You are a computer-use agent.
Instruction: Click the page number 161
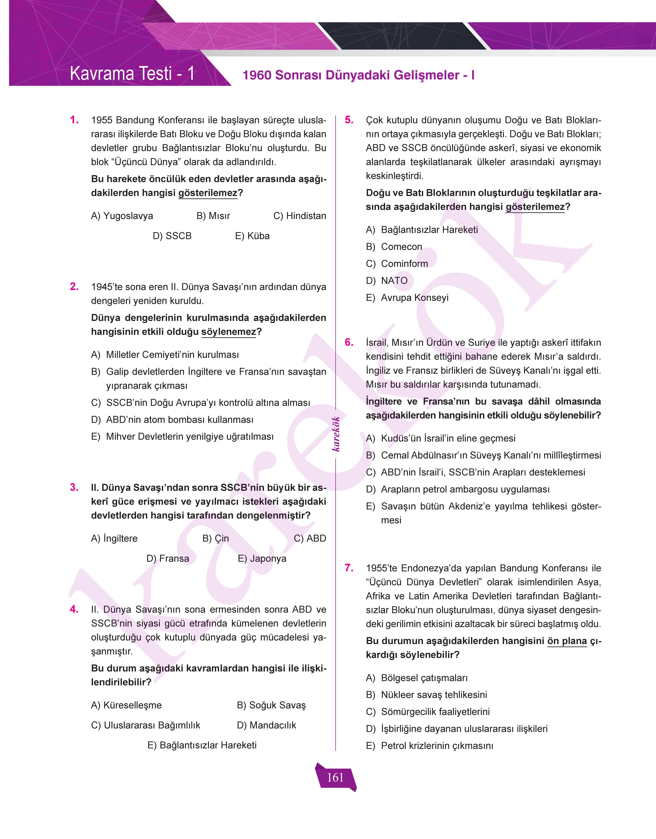(x=335, y=777)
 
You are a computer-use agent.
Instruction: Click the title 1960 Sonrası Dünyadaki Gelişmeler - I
(x=358, y=75)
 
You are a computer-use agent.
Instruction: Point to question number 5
(x=349, y=120)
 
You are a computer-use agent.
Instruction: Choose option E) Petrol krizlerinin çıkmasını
(x=429, y=746)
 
